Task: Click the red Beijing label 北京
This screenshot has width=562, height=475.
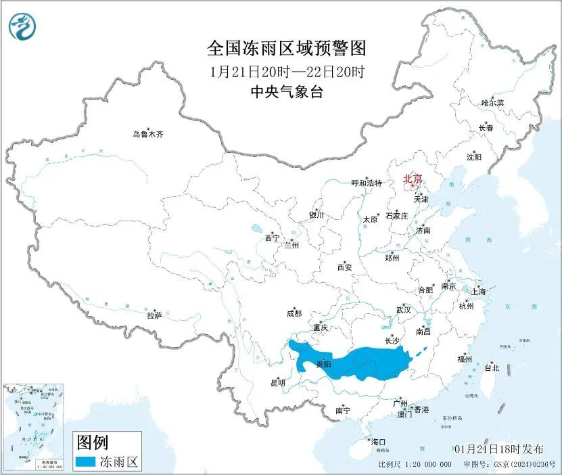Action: (412, 179)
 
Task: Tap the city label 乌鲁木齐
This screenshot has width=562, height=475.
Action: (147, 135)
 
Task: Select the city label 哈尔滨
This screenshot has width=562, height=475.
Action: (492, 103)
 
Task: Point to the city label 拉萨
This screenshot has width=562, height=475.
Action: (154, 315)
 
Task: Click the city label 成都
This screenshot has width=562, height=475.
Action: (294, 313)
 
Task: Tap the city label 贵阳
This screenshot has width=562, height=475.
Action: (323, 365)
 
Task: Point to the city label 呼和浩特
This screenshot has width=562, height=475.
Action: (367, 183)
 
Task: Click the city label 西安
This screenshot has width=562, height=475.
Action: (344, 267)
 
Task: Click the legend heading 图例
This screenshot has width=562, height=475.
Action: (91, 443)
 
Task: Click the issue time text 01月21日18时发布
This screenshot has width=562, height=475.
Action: (498, 449)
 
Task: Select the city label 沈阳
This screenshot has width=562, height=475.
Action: (474, 157)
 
